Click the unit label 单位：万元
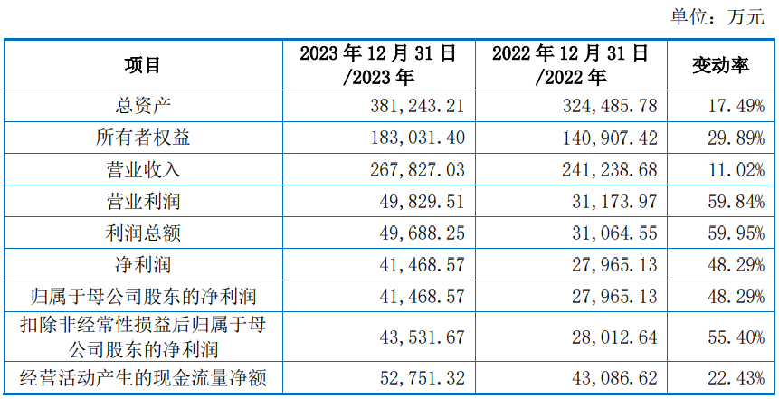point(717,17)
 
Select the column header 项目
point(143,65)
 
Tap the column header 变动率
point(720,65)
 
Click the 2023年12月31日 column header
point(378,65)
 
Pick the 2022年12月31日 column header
point(571,65)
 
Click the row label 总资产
point(143,106)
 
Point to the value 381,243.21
point(417,106)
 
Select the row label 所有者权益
point(143,138)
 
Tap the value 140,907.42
point(610,138)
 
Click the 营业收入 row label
point(143,169)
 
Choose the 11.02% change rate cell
point(736,169)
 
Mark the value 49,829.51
point(423,201)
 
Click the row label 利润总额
point(143,233)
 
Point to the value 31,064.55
point(615,233)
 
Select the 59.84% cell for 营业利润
point(736,201)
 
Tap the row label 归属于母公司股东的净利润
point(143,297)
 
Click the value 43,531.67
point(423,337)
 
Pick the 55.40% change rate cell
point(736,337)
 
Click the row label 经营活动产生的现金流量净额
point(143,378)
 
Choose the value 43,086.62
point(615,378)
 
